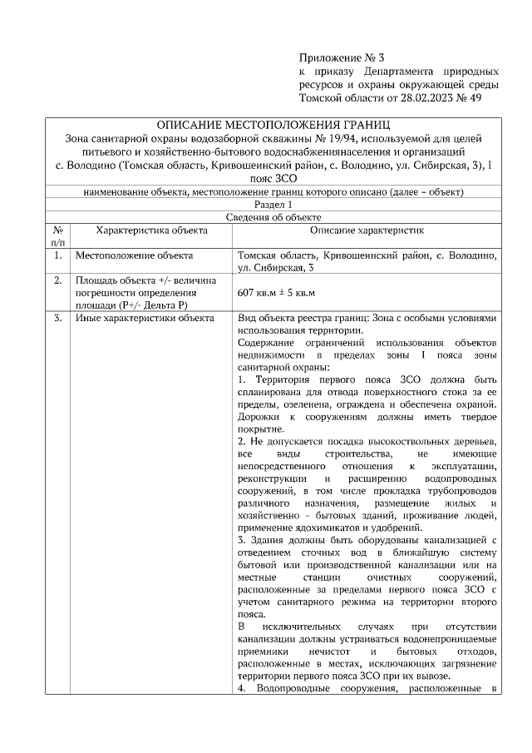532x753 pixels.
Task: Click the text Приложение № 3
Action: [342, 58]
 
